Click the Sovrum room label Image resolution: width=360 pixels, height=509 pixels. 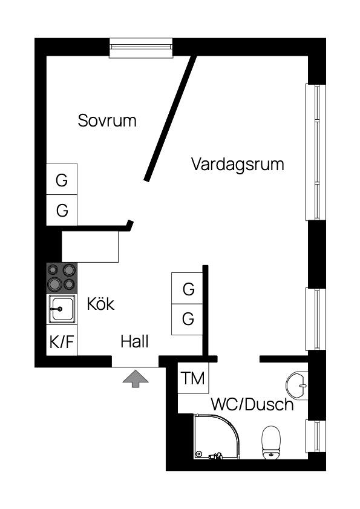click(107, 120)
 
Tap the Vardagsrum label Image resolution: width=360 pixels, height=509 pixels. click(238, 164)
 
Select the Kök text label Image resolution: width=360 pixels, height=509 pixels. click(100, 304)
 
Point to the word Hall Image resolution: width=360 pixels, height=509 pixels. click(134, 342)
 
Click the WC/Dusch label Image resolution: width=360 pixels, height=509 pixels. click(252, 404)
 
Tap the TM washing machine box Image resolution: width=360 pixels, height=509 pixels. click(193, 378)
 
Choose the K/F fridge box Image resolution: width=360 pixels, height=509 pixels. click(62, 341)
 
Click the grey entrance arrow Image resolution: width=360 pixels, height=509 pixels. click(136, 379)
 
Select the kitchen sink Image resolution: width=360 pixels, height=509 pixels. click(62, 309)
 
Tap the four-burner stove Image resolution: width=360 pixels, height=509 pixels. click(62, 278)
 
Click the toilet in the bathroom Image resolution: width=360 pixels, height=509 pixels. click(270, 442)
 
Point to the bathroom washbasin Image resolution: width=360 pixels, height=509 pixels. click(296, 386)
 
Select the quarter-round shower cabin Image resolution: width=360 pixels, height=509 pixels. click(216, 436)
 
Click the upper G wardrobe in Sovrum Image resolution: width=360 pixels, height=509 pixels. click(62, 179)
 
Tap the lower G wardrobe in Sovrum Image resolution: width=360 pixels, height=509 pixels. click(62, 210)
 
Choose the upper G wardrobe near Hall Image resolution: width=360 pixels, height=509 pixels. click(188, 288)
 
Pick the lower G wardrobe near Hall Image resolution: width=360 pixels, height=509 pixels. click(188, 320)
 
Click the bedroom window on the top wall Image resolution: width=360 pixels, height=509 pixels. click(141, 47)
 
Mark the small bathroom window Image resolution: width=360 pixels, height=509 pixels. click(316, 436)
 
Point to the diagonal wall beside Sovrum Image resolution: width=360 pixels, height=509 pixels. click(171, 118)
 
